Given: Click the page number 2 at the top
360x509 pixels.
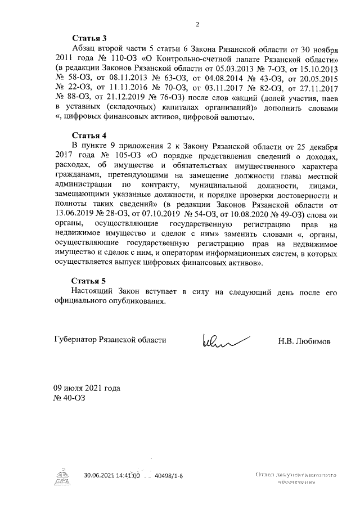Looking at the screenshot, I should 197,24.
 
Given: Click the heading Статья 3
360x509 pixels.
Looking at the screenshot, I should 89,39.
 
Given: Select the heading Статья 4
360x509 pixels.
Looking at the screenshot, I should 89,136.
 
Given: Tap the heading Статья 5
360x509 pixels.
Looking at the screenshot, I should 89,281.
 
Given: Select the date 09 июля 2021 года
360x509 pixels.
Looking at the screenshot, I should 87,389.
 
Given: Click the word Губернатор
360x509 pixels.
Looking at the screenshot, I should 75,341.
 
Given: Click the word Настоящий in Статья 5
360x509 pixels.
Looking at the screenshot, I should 92,291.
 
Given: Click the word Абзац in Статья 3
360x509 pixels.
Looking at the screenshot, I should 83,49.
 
